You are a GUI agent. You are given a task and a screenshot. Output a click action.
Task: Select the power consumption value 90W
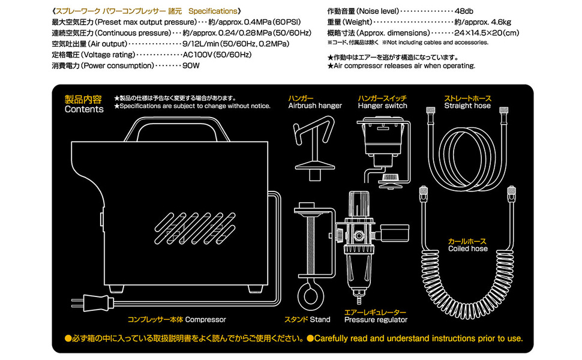pyautogui.click(x=191, y=65)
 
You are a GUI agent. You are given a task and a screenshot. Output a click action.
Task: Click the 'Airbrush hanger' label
pyautogui.click(x=315, y=106)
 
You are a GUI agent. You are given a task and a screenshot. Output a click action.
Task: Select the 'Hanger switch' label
pyautogui.click(x=382, y=106)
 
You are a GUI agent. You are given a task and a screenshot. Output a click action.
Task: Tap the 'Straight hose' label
pyautogui.click(x=467, y=106)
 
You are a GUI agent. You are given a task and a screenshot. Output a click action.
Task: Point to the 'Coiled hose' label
pyautogui.click(x=468, y=248)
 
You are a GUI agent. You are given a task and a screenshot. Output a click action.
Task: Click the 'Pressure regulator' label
pyautogui.click(x=375, y=320)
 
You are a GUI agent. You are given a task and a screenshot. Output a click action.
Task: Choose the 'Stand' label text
pyautogui.click(x=320, y=319)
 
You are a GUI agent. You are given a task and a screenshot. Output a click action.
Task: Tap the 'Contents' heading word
pyautogui.click(x=84, y=109)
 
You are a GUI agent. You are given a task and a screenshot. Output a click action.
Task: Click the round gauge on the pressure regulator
pyautogui.click(x=391, y=233)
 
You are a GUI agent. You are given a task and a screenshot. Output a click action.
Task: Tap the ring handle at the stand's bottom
pyautogui.click(x=311, y=298)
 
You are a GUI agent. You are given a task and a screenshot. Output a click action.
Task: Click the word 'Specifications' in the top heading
pyautogui.click(x=213, y=11)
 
